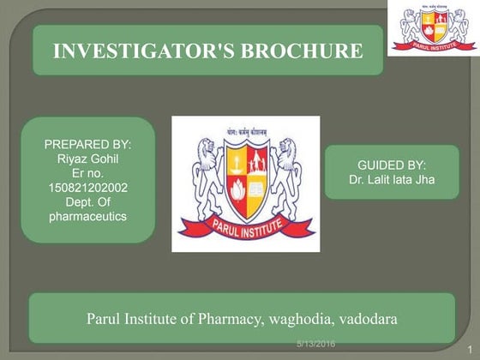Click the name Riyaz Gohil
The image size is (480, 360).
coord(87,159)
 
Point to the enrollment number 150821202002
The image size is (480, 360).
coord(87,189)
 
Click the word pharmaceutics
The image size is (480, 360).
coord(87,218)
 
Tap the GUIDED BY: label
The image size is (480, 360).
coord(391,165)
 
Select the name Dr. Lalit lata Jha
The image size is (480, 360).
coord(391,180)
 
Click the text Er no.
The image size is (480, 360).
coord(87,174)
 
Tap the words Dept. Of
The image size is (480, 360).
coord(87,203)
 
